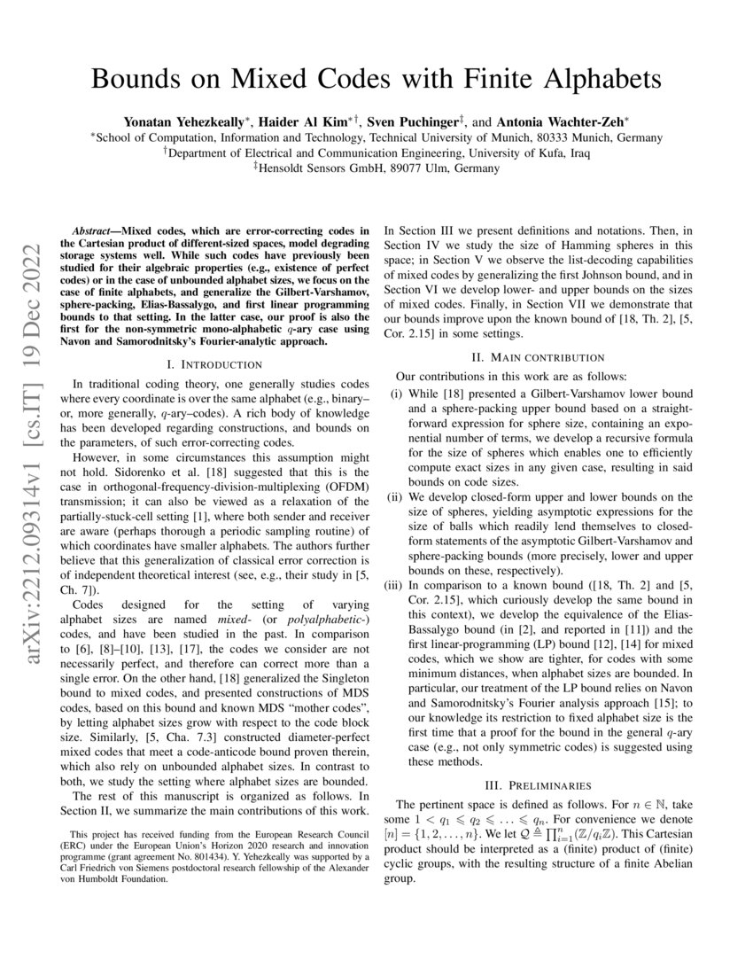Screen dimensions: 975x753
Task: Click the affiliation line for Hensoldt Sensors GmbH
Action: (376, 168)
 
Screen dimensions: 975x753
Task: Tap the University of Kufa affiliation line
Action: (376, 152)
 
